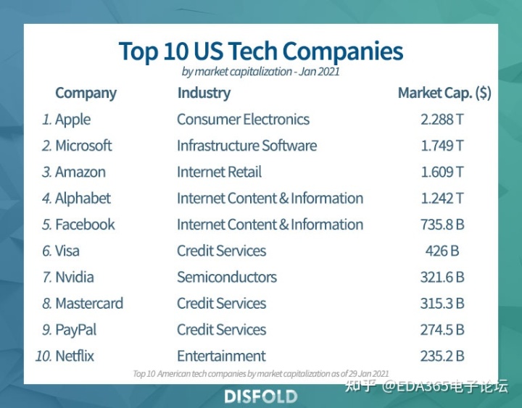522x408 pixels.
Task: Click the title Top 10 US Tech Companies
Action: click(x=261, y=51)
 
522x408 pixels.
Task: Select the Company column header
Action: click(x=86, y=93)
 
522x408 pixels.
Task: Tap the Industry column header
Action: click(x=204, y=93)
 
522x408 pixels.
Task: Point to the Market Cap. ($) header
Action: click(x=444, y=93)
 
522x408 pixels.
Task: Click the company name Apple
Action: click(x=72, y=120)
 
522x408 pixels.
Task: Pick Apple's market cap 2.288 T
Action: click(x=442, y=120)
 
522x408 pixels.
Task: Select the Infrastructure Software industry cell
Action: click(x=246, y=146)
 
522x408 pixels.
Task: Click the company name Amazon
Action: click(x=80, y=172)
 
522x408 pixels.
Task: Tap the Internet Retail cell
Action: click(x=219, y=172)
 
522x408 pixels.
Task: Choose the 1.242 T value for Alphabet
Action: click(x=442, y=199)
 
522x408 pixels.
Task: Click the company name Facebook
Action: click(x=85, y=225)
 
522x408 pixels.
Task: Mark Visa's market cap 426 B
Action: click(x=442, y=251)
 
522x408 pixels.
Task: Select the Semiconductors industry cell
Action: click(x=227, y=277)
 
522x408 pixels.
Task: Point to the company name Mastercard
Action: click(x=89, y=304)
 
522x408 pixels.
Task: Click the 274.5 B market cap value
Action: click(x=442, y=330)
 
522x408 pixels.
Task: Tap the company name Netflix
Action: click(x=75, y=356)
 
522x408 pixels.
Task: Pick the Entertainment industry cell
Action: click(x=221, y=356)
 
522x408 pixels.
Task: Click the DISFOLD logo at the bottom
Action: click(x=261, y=396)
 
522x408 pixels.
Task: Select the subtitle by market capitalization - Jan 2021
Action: click(x=261, y=72)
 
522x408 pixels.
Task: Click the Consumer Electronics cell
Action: click(x=243, y=120)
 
